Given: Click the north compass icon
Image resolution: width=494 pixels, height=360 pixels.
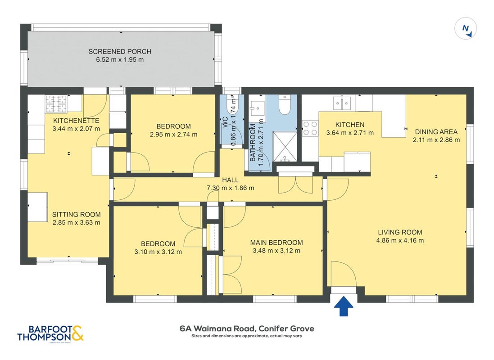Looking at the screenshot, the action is pyautogui.click(x=465, y=29).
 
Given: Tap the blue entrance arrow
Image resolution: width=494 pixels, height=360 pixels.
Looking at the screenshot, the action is pyautogui.click(x=344, y=306).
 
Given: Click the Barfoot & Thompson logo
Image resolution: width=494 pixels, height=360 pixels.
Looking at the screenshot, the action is pyautogui.click(x=50, y=333).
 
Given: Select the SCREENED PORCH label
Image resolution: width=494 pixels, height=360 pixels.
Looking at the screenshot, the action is pyautogui.click(x=120, y=51).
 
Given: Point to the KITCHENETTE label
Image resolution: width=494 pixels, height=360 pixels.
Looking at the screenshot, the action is pyautogui.click(x=76, y=121).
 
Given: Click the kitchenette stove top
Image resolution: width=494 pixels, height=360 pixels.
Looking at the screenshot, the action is pyautogui.click(x=56, y=103).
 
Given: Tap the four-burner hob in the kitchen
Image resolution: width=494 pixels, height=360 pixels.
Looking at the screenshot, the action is pyautogui.click(x=310, y=128).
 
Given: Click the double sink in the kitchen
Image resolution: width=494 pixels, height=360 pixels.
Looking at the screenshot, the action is pyautogui.click(x=342, y=103).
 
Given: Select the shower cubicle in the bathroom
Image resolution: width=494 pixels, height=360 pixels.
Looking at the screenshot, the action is pyautogui.click(x=285, y=147).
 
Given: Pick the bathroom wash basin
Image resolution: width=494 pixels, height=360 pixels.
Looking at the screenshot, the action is pyautogui.click(x=258, y=108).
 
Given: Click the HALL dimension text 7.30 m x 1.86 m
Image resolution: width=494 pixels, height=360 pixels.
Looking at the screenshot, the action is pyautogui.click(x=230, y=188).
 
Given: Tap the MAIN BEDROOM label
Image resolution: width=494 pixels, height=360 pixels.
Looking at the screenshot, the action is pyautogui.click(x=276, y=243).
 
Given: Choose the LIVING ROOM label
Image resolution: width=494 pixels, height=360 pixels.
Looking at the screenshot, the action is pyautogui.click(x=400, y=233).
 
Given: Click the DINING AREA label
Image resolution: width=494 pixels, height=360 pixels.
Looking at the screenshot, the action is pyautogui.click(x=436, y=132).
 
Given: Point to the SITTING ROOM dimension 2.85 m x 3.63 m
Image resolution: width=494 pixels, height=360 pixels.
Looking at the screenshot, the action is pyautogui.click(x=76, y=223).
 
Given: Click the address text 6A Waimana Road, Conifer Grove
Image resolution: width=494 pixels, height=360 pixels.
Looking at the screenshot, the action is pyautogui.click(x=247, y=328).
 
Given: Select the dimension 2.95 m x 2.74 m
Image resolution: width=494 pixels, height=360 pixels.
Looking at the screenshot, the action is pyautogui.click(x=173, y=135).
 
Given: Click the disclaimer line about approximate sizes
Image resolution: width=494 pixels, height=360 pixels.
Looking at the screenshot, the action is pyautogui.click(x=247, y=336).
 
